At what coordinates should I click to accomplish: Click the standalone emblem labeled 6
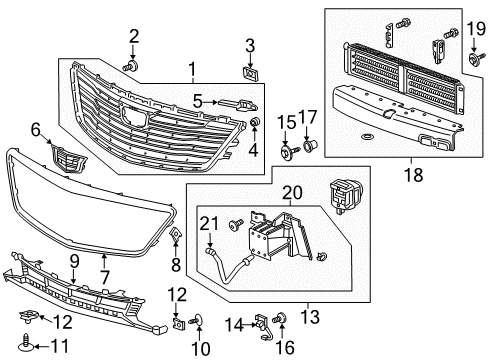point(65,159)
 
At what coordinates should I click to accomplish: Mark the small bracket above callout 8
point(176,236)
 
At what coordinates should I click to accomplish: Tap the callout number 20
point(293,194)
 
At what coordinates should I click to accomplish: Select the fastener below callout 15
point(287,153)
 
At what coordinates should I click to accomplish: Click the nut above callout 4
point(256,122)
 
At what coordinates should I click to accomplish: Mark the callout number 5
point(197,101)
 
